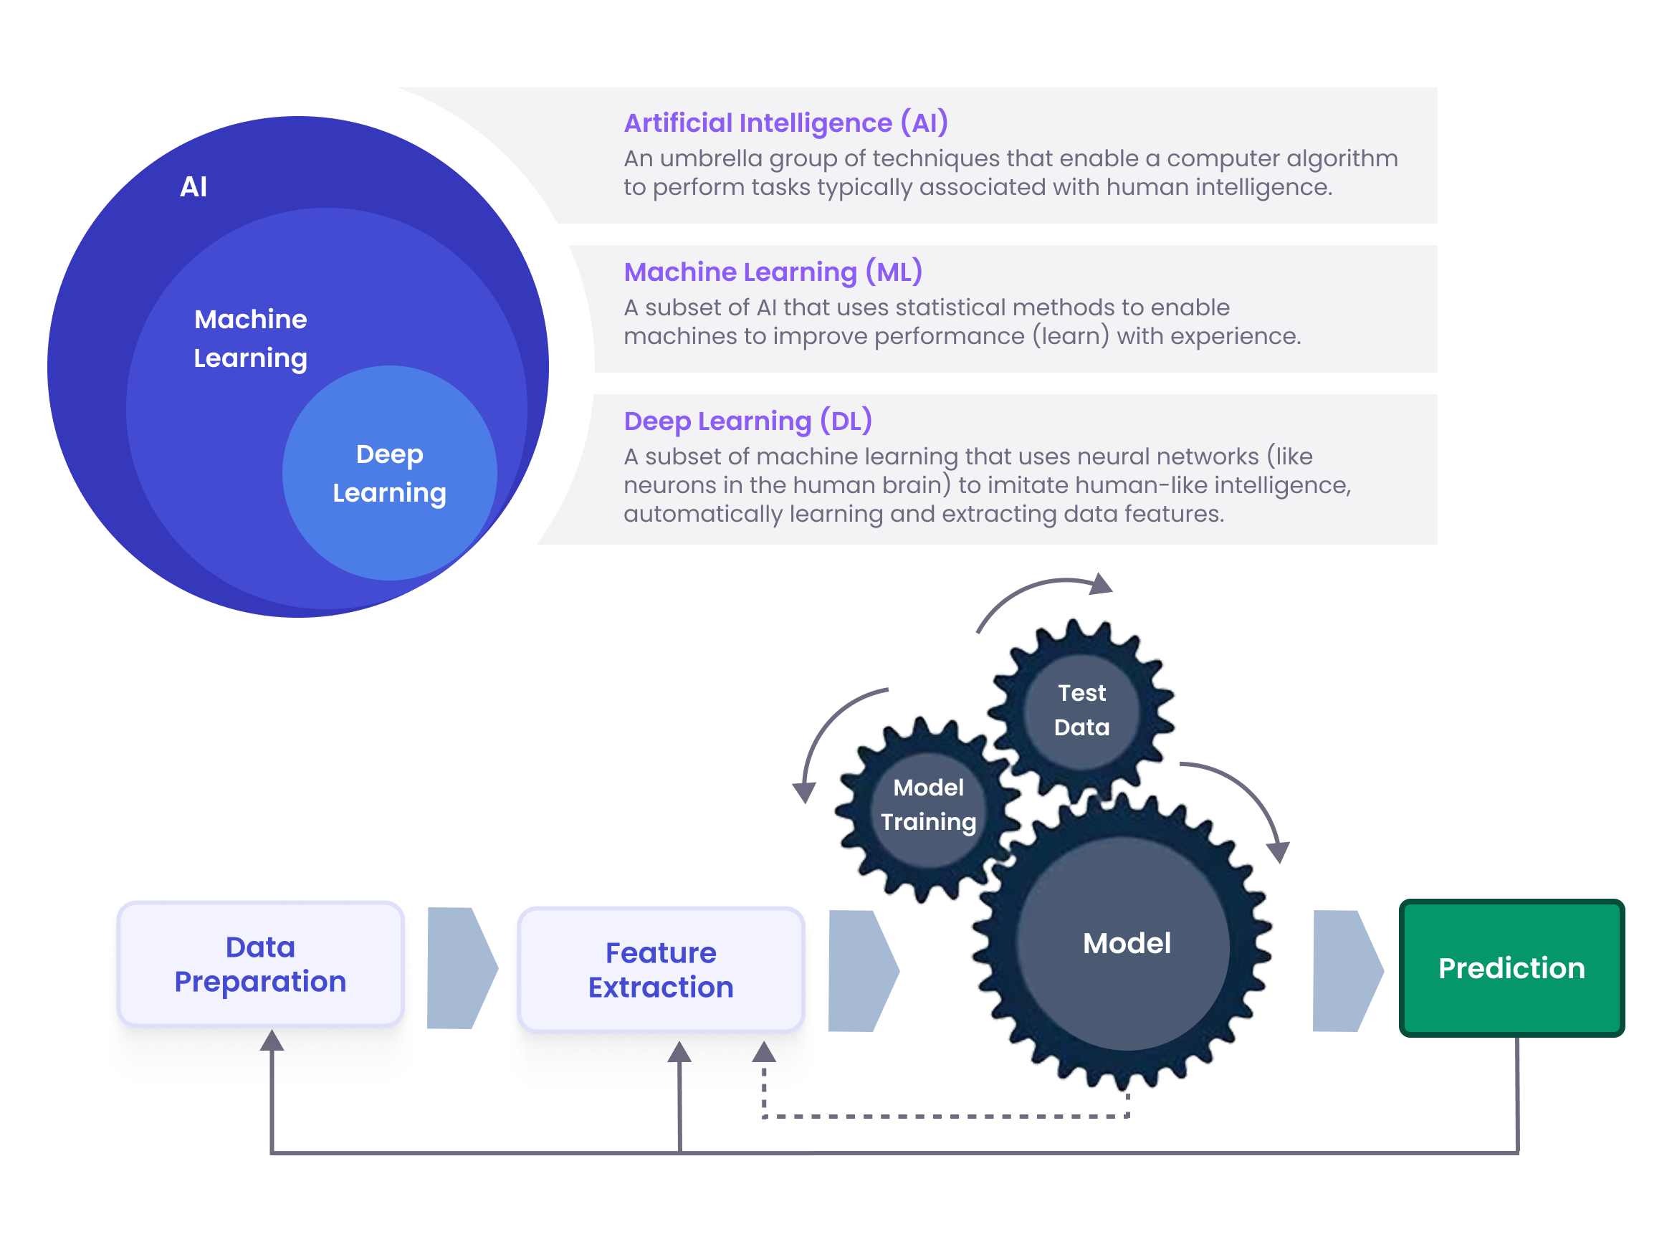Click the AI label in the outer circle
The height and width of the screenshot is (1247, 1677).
coord(193,186)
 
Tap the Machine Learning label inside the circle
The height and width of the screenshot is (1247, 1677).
coord(250,338)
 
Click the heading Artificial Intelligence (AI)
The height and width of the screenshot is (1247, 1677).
coord(785,123)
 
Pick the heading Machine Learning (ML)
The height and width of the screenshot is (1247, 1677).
coord(772,272)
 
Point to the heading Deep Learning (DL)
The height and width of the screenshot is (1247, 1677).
coord(747,421)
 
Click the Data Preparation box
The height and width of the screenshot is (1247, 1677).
coord(260,964)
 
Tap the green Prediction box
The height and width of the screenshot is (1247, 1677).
coord(1511,967)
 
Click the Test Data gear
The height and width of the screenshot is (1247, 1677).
coord(1081,709)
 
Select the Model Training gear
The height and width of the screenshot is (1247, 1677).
coord(927,805)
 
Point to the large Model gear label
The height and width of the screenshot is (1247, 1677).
coord(1126,943)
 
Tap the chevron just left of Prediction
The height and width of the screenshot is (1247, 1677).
coord(1346,970)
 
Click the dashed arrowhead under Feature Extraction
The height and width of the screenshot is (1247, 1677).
coord(764,1051)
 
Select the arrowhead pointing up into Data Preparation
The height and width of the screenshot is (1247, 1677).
coord(272,1040)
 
